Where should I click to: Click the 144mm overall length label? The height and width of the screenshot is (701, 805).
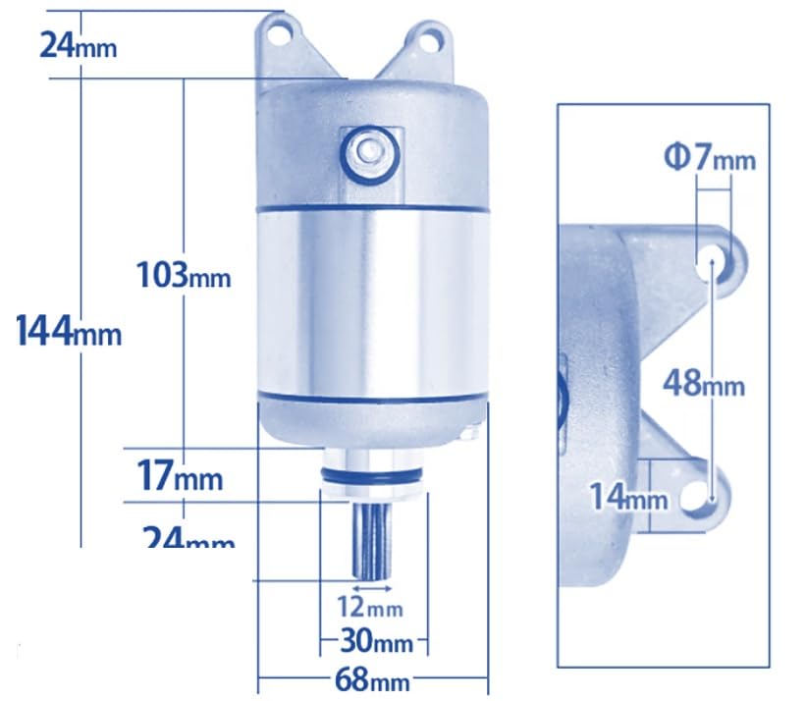pyautogui.click(x=69, y=331)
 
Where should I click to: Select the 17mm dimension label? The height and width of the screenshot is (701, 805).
pyautogui.click(x=179, y=478)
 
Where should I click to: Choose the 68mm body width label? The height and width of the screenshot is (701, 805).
pyautogui.click(x=373, y=679)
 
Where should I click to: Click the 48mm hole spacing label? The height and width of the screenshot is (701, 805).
pyautogui.click(x=703, y=383)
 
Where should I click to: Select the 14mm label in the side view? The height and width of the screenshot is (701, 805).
pyautogui.click(x=628, y=498)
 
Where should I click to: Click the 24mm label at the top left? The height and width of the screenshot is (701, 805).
pyautogui.click(x=78, y=44)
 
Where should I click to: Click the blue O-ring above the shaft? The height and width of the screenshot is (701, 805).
pyautogui.click(x=373, y=478)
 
